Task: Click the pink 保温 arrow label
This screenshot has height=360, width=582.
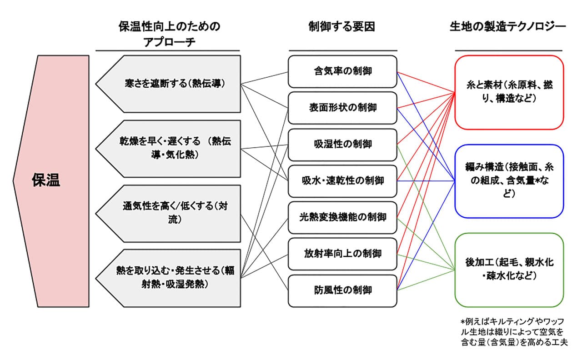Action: coord(52,181)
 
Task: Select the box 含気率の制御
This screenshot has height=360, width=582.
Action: coord(342,71)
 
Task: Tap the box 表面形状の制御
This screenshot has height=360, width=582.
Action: coord(342,108)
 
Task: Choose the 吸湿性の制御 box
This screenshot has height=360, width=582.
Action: coord(342,145)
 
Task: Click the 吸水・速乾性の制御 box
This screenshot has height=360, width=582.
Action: coord(342,181)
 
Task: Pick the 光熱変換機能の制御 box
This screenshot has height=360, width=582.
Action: coord(342,217)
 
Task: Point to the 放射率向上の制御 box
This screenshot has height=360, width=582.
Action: coord(342,254)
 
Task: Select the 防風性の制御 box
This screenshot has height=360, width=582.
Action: coord(342,290)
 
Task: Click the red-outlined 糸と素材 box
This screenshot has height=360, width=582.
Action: coord(509,92)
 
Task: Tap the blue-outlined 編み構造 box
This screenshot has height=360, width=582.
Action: coord(509,181)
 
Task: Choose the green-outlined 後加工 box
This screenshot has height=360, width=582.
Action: coord(509,270)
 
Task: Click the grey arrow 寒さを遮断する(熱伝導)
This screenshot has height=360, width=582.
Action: coord(168,84)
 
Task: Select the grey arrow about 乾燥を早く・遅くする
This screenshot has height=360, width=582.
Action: coord(168,149)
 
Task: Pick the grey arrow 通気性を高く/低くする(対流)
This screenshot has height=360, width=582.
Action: coord(168,214)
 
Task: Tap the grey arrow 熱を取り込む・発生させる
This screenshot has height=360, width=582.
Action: coord(168,278)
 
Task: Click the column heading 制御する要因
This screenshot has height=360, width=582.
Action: coord(342,27)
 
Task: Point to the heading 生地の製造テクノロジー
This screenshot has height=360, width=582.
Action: coord(508,27)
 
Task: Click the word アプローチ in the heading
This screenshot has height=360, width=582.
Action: coord(169,42)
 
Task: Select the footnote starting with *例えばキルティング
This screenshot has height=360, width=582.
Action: coord(514,332)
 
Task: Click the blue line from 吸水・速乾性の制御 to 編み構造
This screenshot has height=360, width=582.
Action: coord(426,181)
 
